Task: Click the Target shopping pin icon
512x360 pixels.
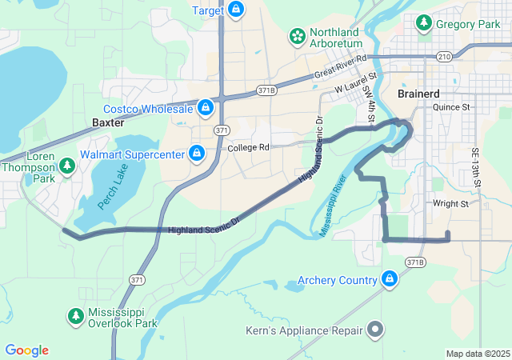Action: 235,10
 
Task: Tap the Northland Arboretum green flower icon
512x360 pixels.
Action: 298,36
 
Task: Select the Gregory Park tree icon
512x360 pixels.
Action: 423,24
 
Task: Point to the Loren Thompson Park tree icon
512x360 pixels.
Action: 68,166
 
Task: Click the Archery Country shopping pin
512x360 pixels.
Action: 390,279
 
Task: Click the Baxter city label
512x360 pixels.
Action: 108,123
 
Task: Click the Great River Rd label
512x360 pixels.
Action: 339,67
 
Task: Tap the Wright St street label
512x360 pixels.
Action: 450,204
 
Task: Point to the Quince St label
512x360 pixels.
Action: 451,106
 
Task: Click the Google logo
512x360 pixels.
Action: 26,350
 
